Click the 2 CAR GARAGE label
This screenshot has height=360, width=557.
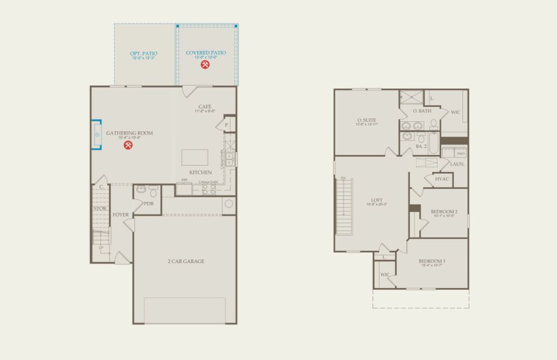coord(186,261)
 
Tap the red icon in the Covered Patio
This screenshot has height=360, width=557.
coord(206,64)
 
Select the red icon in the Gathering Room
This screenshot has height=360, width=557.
coord(128,145)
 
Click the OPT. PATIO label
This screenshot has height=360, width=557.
coord(144,53)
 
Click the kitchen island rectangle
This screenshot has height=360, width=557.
coord(196,157)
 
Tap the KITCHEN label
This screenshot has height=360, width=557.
coord(201,172)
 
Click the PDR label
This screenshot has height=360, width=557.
coord(149,203)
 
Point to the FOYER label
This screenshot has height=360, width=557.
coord(121,214)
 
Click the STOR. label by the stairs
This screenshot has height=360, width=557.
coord(100,208)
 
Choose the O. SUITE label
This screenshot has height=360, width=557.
coord(366,120)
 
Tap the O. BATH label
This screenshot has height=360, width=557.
coord(422,111)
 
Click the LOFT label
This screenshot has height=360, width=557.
coord(377,200)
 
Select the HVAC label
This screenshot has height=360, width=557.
coord(442,179)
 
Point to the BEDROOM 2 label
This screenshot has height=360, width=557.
coord(444,212)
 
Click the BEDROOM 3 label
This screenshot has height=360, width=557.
coord(432,261)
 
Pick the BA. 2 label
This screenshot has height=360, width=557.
coord(421,146)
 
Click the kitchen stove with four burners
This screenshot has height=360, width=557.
coord(209,189)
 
